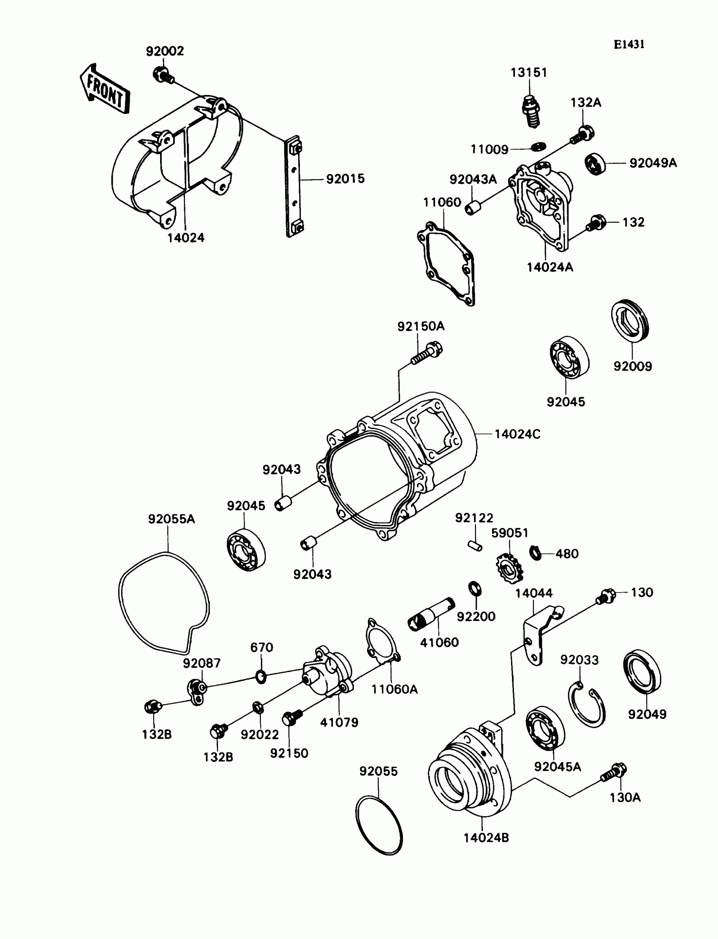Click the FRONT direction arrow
point(105,89)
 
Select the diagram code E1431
point(629,45)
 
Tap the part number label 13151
point(529,73)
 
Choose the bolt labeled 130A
point(615,772)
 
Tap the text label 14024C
point(517,434)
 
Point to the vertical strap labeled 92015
point(294,186)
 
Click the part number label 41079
point(339,722)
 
